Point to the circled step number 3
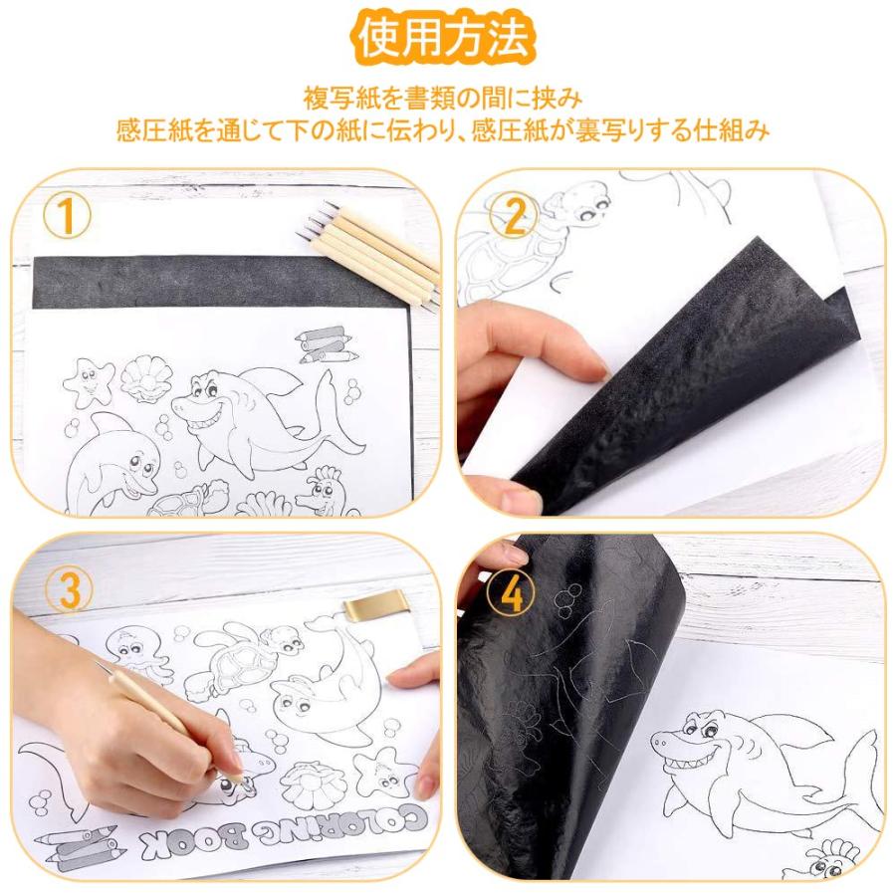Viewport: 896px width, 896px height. [67, 591]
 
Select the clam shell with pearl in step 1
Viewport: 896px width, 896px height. [139, 379]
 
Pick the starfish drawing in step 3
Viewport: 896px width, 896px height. [384, 773]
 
